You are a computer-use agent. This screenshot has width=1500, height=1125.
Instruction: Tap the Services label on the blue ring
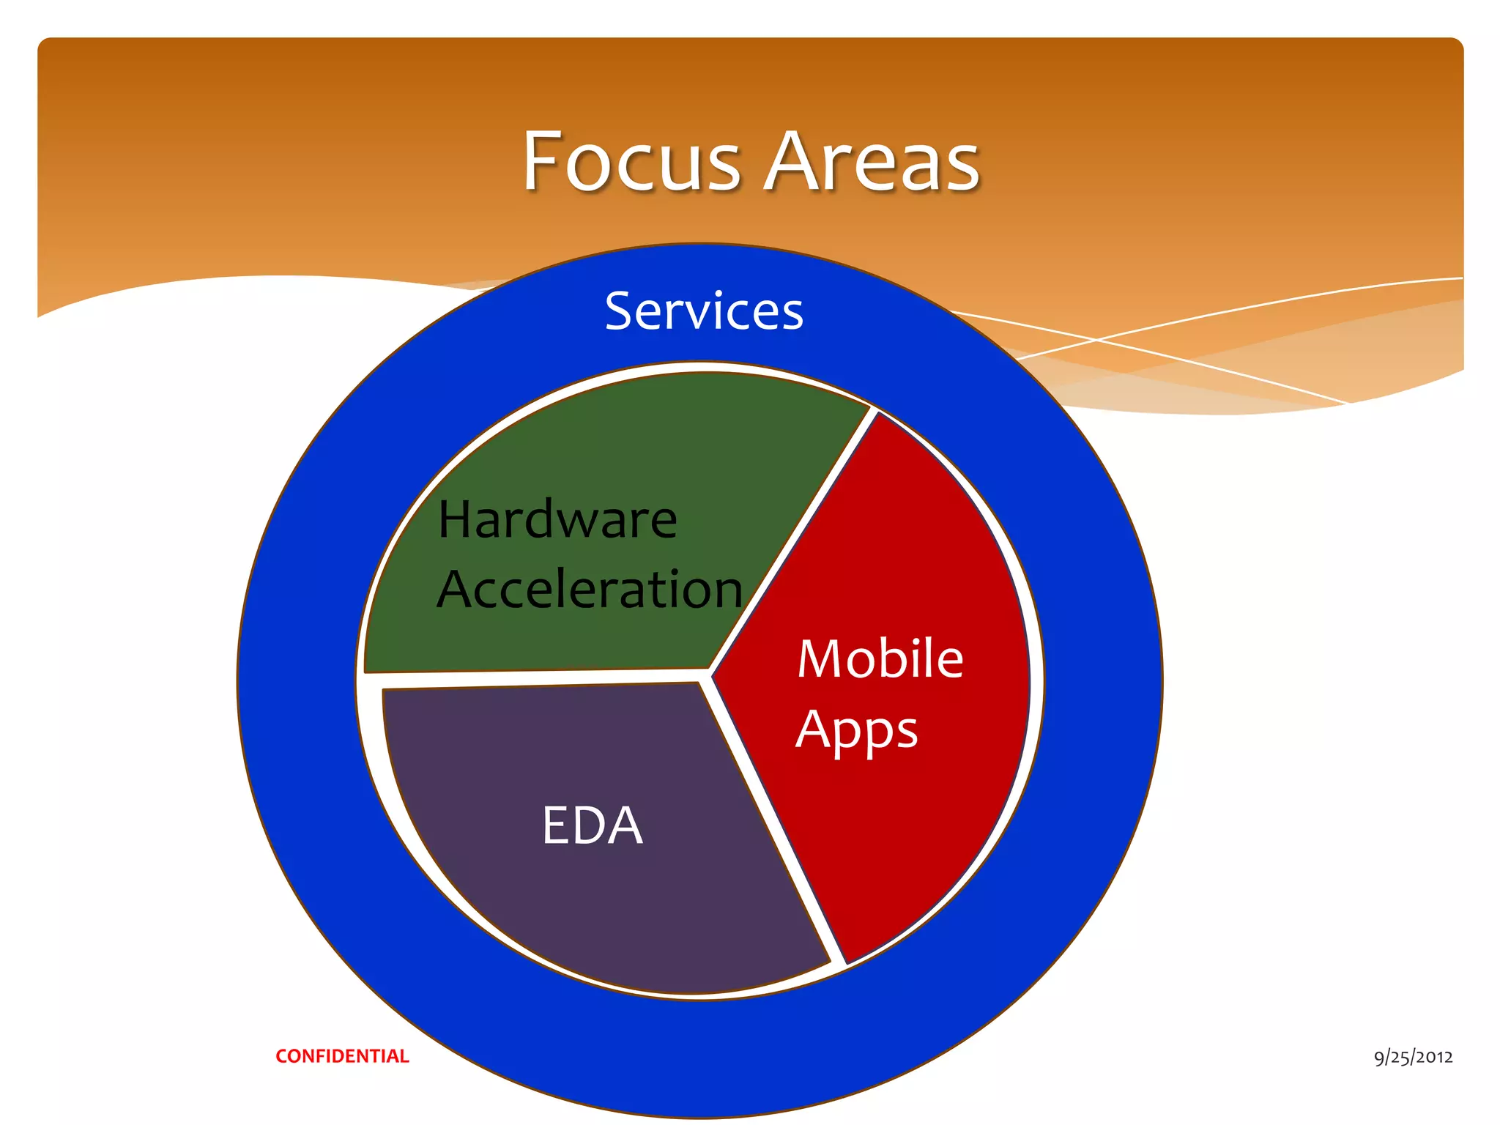tap(704, 311)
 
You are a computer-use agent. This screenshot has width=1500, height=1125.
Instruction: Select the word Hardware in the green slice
tap(557, 519)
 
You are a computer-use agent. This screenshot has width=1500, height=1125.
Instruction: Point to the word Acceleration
tap(590, 590)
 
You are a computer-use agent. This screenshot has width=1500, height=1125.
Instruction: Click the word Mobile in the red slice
tap(880, 658)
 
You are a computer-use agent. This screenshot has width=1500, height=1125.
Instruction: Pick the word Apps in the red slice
tap(856, 731)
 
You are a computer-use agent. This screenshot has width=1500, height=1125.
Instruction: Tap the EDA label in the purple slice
tap(592, 825)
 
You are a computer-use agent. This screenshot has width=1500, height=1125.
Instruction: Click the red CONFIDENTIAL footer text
tap(342, 1056)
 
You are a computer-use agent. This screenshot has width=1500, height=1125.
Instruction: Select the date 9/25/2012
tap(1413, 1057)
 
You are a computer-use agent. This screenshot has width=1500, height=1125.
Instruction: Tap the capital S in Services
tap(620, 311)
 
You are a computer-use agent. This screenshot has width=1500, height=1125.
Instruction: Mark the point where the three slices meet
tap(707, 675)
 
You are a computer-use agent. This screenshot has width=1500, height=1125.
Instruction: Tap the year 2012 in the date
tap(1434, 1057)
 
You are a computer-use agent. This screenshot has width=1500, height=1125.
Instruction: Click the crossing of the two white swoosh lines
tap(1096, 340)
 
